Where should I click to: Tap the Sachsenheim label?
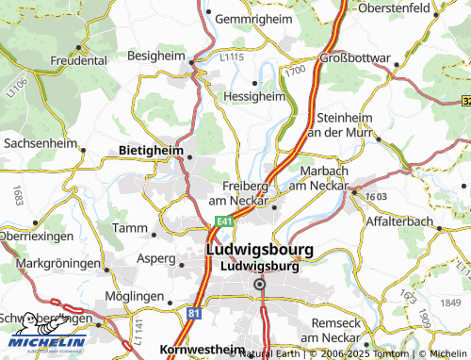41,142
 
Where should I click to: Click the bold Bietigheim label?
151,149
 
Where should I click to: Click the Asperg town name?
156,257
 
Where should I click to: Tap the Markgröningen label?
58,263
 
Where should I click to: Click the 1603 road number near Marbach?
377,195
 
